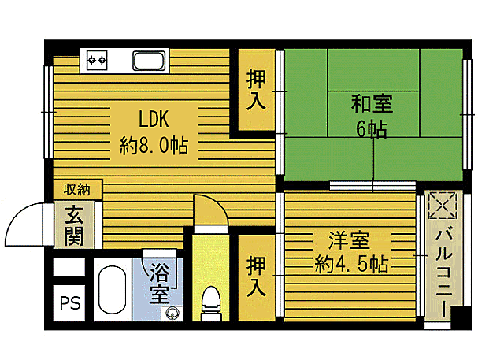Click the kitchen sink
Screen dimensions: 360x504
click(148, 60)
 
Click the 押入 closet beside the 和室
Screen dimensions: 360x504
click(256, 90)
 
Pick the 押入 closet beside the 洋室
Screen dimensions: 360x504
click(256, 275)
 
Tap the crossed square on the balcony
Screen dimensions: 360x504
click(443, 206)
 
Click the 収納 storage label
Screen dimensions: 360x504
click(77, 189)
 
